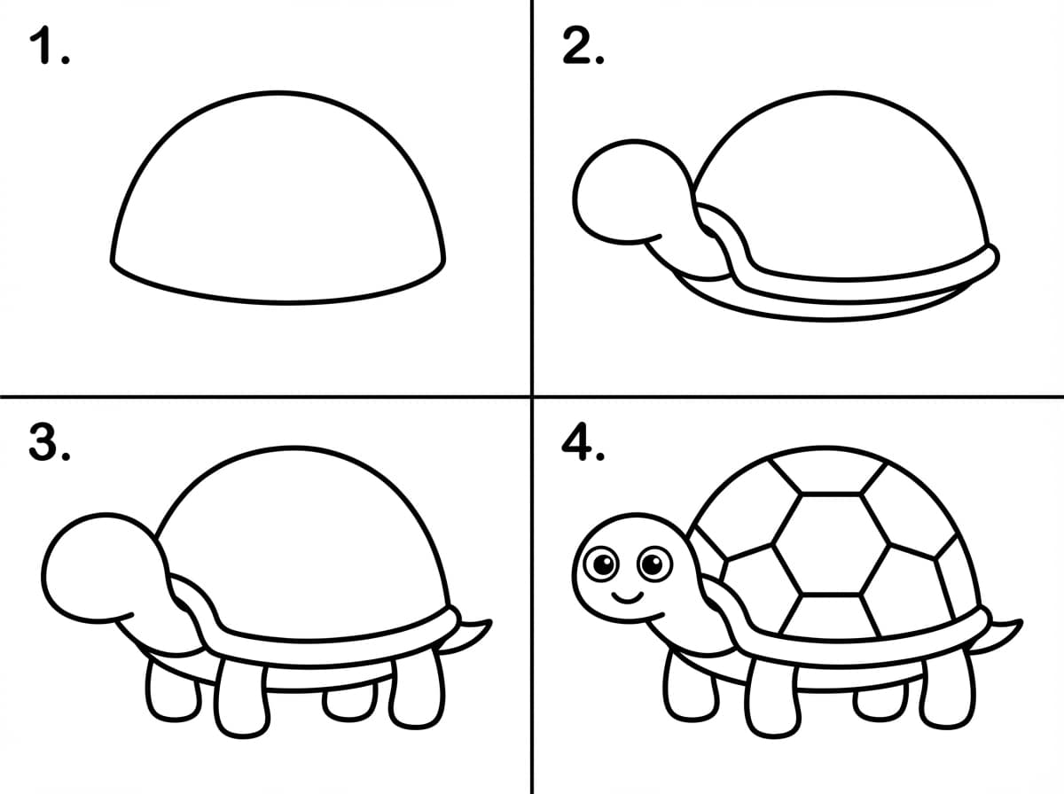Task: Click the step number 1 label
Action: pyautogui.click(x=50, y=45)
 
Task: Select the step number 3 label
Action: pyautogui.click(x=50, y=442)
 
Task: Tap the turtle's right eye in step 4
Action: pyautogui.click(x=655, y=564)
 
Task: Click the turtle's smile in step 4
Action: pyautogui.click(x=627, y=598)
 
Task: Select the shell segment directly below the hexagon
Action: pyautogui.click(x=830, y=615)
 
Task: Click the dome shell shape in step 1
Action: pyautogui.click(x=278, y=92)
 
